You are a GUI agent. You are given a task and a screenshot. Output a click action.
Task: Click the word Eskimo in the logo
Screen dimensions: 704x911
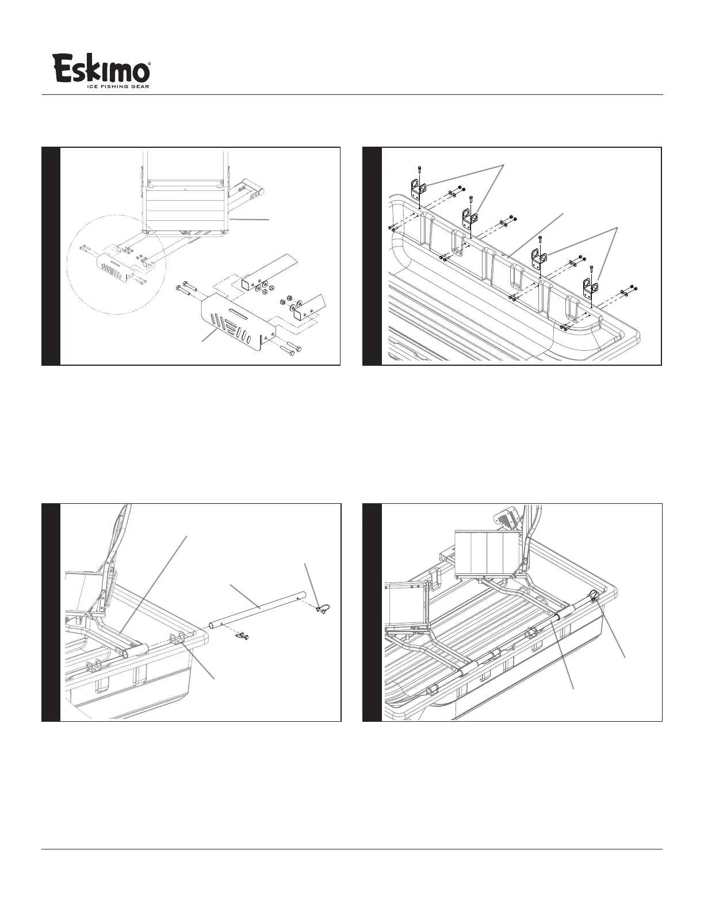(101, 68)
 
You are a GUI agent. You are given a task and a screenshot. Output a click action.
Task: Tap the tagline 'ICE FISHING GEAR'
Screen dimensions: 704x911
(118, 87)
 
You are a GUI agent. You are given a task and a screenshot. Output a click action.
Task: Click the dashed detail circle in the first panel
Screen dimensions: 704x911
(117, 264)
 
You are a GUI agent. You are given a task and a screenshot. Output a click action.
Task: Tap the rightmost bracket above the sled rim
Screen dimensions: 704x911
(591, 288)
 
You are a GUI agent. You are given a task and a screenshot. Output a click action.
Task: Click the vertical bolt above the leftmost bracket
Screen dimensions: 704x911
(419, 172)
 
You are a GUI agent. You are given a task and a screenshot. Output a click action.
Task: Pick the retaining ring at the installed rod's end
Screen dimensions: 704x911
(595, 595)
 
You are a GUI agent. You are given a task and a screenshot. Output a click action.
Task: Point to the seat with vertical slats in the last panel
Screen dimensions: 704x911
(488, 554)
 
